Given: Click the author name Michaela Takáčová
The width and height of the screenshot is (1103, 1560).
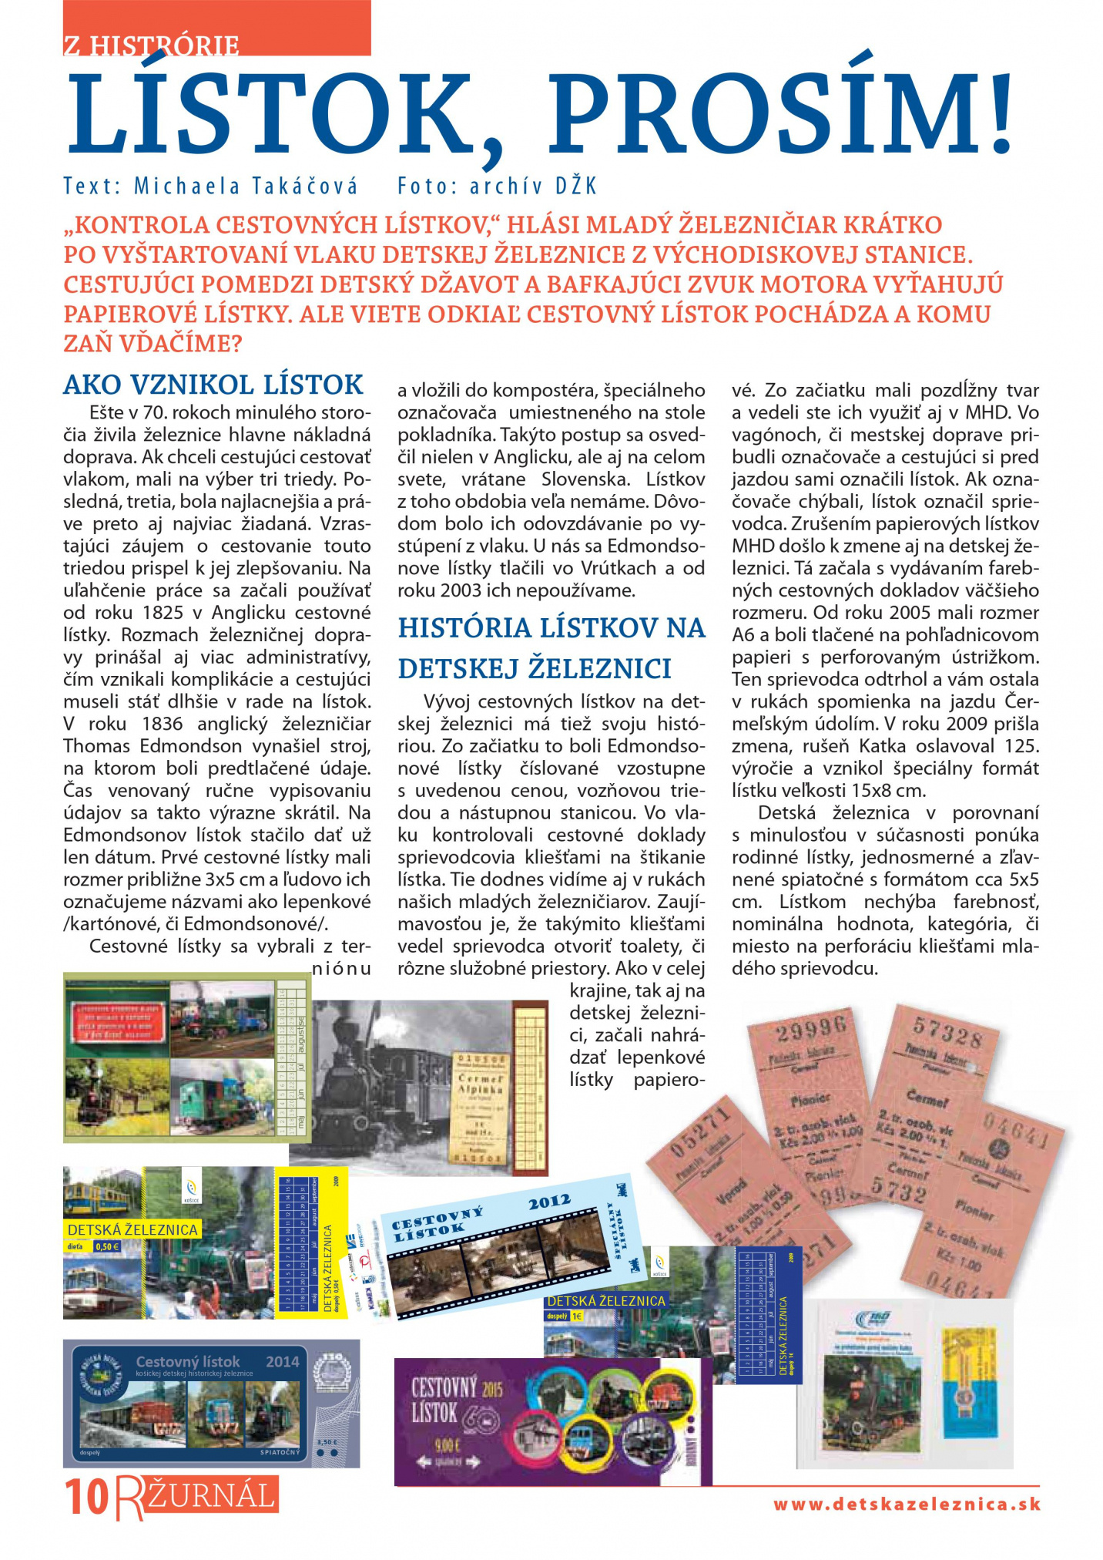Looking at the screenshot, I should point(246,186).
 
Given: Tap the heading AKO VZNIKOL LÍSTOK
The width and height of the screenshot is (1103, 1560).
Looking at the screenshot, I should point(213,384).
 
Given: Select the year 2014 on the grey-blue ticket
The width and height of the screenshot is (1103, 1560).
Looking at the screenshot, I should point(282,1362).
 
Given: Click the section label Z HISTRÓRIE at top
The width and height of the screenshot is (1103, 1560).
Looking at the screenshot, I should point(151,45).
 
